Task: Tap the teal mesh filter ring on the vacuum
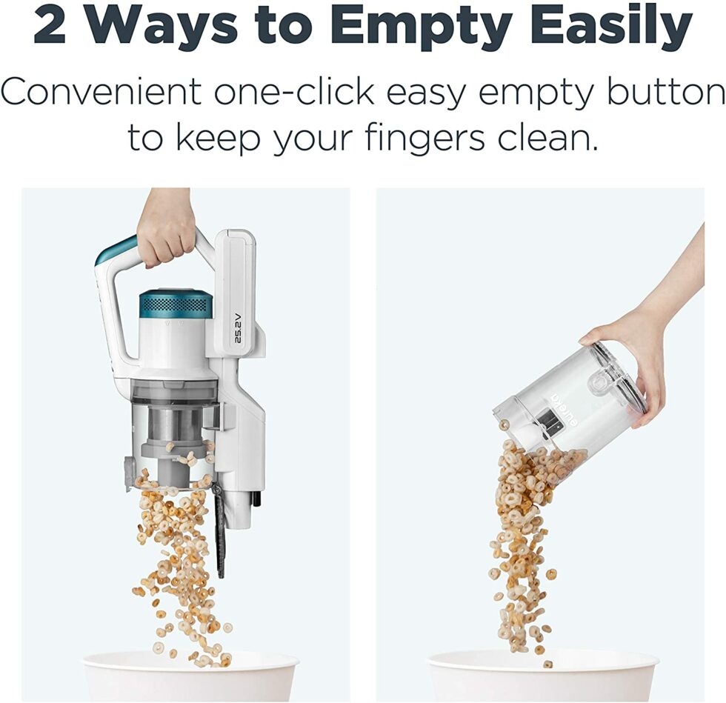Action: (x=176, y=304)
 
